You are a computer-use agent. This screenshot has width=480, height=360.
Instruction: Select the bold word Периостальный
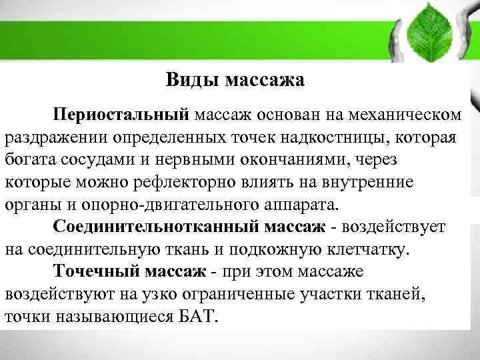(123, 115)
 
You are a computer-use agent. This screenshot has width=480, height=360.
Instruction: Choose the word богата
(28, 159)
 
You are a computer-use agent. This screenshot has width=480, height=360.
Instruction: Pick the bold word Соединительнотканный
(156, 227)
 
